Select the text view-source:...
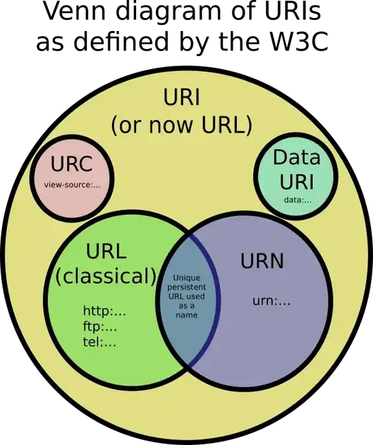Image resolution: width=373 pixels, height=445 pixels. coord(72,185)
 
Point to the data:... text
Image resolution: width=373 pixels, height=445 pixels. coord(298,200)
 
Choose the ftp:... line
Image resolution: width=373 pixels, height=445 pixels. coord(100,326)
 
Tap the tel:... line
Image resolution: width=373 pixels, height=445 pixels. coord(99,341)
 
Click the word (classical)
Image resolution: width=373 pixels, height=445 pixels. coord(106,276)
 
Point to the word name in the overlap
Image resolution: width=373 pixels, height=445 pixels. coord(186,314)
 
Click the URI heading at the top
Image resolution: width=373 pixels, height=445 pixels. coord(182,98)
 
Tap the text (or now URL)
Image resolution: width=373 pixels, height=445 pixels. coord(182,126)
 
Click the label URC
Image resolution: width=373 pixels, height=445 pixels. coord(71,166)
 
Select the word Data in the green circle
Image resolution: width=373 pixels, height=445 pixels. coord(297,158)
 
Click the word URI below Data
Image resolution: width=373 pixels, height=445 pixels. coord(297,182)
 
